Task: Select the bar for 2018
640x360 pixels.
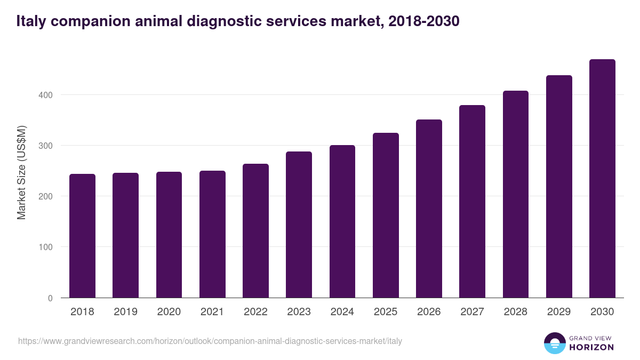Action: pos(82,236)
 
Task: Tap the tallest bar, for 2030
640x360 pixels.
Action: pos(602,179)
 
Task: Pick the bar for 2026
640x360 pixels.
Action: pos(429,209)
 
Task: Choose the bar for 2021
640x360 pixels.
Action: pos(212,234)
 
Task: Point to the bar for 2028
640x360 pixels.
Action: pos(516,194)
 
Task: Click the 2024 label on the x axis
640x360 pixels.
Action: pos(342,312)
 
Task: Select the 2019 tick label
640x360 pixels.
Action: pos(125,312)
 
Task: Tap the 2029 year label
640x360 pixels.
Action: pos(559,312)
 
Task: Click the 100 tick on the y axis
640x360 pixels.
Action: pos(46,247)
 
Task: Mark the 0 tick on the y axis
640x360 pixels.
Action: pos(50,298)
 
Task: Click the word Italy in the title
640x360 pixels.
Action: pos(31,21)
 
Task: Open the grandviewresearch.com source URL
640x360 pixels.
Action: pos(210,341)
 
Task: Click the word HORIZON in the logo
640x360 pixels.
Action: pos(591,347)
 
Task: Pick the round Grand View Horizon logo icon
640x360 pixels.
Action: pos(555,343)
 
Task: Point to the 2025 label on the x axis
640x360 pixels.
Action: pos(386,312)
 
